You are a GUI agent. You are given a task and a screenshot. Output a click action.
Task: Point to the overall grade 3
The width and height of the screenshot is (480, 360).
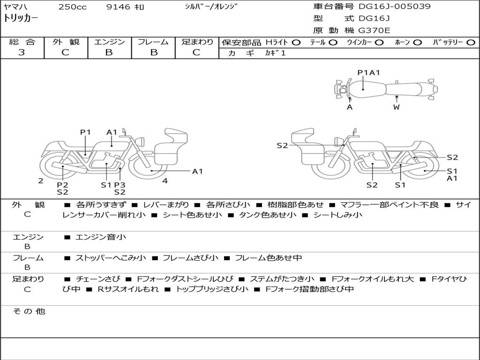coord(22,52)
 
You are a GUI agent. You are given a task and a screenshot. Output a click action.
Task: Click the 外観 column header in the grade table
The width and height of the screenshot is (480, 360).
coord(66,42)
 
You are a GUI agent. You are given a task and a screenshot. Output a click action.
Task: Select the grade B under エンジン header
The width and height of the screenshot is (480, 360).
coord(109,52)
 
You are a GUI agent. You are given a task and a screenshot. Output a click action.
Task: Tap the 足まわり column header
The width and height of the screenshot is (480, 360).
coord(197,42)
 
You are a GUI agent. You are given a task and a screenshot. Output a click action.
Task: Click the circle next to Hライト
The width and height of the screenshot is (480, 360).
coord(296,42)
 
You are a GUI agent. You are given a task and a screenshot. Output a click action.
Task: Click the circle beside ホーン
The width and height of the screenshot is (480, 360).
coord(417,42)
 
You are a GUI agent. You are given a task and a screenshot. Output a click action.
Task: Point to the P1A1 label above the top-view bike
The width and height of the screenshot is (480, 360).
coord(368,72)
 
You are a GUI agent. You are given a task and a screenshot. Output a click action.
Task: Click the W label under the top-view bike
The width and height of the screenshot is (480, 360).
coord(397,107)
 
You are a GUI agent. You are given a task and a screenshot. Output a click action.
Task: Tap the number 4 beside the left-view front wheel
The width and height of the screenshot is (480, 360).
coord(165,180)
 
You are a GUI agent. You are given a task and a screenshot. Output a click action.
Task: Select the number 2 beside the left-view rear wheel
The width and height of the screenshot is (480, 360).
coord(41,180)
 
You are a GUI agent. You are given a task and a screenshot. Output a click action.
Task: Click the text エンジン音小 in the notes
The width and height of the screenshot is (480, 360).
coord(101,237)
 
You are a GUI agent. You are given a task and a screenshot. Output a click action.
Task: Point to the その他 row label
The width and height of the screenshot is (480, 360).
coord(29,311)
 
